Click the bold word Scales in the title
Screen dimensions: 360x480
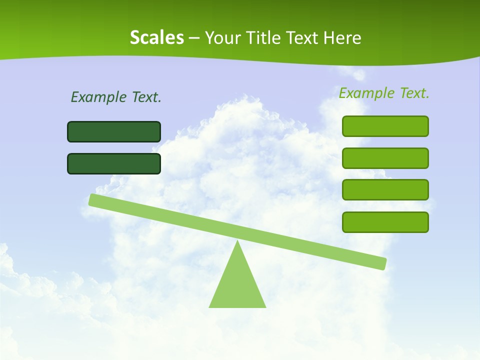click(156, 38)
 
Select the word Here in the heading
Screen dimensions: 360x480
click(343, 38)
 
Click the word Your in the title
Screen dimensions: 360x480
click(223, 38)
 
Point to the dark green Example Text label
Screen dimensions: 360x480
click(116, 97)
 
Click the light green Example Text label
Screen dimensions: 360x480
click(384, 93)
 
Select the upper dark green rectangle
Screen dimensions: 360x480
click(114, 131)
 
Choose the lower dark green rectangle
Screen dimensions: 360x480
click(114, 163)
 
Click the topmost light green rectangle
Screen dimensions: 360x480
click(385, 126)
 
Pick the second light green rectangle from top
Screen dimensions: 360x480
click(385, 158)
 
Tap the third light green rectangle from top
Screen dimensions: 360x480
click(385, 189)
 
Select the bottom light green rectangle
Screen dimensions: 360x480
click(385, 222)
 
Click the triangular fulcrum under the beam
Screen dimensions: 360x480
click(237, 285)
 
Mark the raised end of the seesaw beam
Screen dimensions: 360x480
click(93, 199)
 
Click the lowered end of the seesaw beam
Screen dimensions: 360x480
click(382, 263)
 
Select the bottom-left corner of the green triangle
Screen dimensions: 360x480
click(209, 307)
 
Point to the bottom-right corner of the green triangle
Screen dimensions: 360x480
click(265, 307)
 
